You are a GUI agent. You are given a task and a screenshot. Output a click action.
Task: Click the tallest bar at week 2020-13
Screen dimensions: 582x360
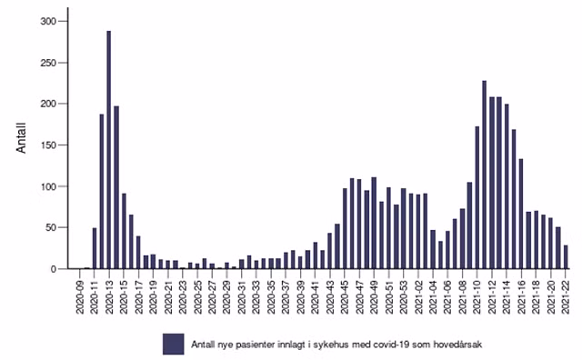(109, 150)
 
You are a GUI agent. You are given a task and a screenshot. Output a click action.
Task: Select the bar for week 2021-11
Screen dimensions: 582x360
(485, 175)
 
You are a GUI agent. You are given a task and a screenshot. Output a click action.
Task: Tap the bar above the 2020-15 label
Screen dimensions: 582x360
(124, 231)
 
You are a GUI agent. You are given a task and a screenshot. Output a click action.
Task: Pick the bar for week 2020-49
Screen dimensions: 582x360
(374, 223)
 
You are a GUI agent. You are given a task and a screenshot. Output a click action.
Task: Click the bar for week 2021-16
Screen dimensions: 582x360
(521, 214)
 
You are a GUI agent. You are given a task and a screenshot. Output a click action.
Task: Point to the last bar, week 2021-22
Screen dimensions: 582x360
(566, 257)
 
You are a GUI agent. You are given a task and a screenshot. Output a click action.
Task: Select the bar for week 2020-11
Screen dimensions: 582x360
(95, 248)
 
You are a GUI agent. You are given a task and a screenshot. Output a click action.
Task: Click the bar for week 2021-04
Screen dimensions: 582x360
(433, 249)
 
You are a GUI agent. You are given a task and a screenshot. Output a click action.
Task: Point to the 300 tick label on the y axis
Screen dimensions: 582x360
(48, 22)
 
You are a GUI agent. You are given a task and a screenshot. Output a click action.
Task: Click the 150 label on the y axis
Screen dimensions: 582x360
(48, 145)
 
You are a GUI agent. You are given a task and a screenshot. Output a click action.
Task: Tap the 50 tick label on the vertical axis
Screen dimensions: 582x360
(51, 227)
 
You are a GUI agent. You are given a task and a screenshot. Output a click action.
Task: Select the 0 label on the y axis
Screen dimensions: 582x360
(54, 269)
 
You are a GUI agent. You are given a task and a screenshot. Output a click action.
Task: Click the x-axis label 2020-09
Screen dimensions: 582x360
(80, 295)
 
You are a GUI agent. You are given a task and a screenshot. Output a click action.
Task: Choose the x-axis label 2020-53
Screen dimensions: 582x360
(404, 295)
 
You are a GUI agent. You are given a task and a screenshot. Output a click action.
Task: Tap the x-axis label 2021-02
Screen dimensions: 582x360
(418, 295)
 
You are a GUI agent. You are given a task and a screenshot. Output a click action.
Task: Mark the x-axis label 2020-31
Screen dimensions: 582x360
(242, 295)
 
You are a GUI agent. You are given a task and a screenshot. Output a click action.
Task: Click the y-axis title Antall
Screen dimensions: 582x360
(21, 137)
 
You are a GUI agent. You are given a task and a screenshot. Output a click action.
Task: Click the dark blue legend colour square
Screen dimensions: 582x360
(174, 344)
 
